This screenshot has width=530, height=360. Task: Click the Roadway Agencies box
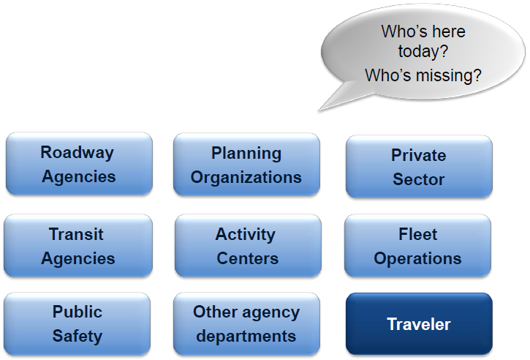pos(79,164)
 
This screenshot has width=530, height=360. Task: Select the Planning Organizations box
pos(246,165)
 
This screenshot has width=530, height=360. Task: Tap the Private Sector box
pos(419,167)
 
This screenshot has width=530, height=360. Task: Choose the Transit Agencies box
pos(78,246)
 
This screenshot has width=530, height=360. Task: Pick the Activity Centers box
pos(248,246)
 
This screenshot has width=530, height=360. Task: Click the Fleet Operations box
pos(417,246)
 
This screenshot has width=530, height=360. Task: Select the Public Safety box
pos(77,324)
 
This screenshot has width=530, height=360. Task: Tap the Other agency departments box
pos(246,324)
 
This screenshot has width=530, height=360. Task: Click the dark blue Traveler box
pos(419,324)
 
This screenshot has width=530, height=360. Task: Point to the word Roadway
pos(77,152)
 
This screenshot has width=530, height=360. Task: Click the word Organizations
pos(246,178)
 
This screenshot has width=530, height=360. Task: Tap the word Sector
pos(418,179)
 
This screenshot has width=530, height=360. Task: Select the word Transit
pos(76,234)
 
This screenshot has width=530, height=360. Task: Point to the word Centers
pos(247,258)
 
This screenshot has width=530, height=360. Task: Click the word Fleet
pos(417,234)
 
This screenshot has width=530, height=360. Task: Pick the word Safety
pos(77,336)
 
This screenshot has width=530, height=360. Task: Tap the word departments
pos(246,337)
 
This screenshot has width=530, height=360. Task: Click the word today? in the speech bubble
pos(423,51)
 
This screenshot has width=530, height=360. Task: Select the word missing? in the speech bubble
pos(449,75)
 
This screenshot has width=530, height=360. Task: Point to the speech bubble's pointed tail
pos(319,110)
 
